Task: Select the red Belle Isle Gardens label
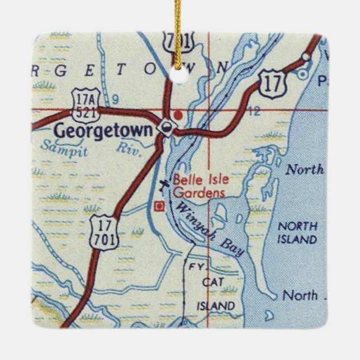pyautogui.click(x=199, y=187)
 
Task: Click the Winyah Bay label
pyautogui.click(x=210, y=229)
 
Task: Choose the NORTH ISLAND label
pyautogui.click(x=297, y=233)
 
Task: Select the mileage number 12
pyautogui.click(x=253, y=111)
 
